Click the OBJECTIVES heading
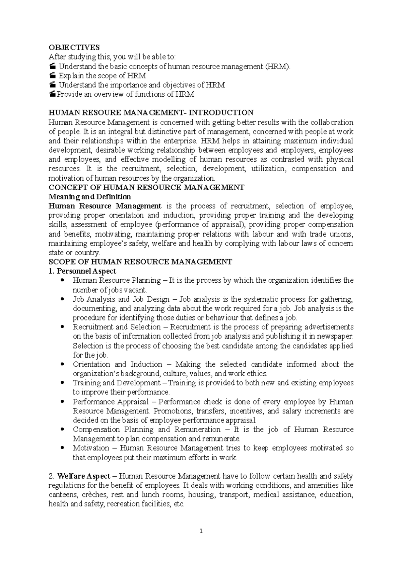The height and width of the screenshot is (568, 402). pyautogui.click(x=74, y=48)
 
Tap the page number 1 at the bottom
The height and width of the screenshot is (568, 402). pyautogui.click(x=201, y=531)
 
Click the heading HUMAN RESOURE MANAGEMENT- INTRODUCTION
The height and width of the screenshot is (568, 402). pyautogui.click(x=151, y=113)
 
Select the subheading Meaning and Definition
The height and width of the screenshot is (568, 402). pyautogui.click(x=90, y=196)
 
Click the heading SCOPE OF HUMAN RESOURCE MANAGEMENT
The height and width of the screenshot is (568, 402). pyautogui.click(x=140, y=262)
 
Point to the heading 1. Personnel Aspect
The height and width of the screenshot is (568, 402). pyautogui.click(x=82, y=271)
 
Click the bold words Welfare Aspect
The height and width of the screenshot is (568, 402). pyautogui.click(x=84, y=476)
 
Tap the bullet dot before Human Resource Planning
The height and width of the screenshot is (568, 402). pyautogui.click(x=63, y=280)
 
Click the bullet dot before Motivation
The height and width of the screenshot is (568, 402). pyautogui.click(x=63, y=448)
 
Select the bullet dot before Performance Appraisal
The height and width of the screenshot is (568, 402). pyautogui.click(x=63, y=401)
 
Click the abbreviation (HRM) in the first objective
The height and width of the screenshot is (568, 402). pyautogui.click(x=278, y=67)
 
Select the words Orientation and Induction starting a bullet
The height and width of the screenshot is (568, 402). pyautogui.click(x=117, y=364)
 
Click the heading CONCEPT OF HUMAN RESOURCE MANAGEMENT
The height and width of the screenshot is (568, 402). pyautogui.click(x=146, y=187)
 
